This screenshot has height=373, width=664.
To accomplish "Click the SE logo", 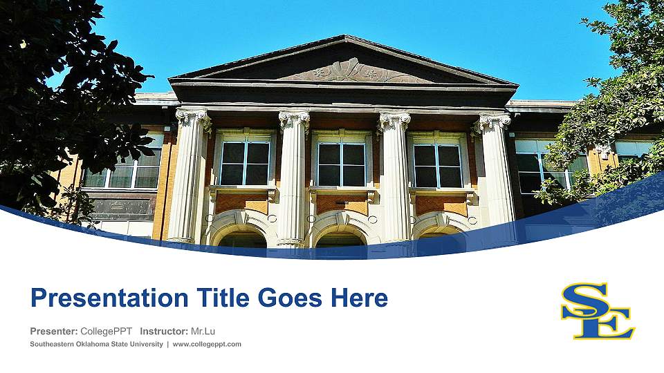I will pyautogui.click(x=598, y=311).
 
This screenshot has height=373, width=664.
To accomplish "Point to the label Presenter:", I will pyautogui.click(x=54, y=332).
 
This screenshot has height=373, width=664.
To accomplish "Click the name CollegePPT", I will pyautogui.click(x=107, y=332).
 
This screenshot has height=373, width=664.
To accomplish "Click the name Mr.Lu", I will pyautogui.click(x=203, y=332).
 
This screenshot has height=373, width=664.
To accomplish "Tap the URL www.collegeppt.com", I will pyautogui.click(x=207, y=344).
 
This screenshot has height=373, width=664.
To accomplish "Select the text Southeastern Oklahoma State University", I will pyautogui.click(x=96, y=344).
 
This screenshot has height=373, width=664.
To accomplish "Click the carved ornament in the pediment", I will pyautogui.click(x=346, y=70).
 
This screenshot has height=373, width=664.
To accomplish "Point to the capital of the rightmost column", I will pyautogui.click(x=494, y=122).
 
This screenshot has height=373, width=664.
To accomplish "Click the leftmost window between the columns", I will pyautogui.click(x=245, y=162).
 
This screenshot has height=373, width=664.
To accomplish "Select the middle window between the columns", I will pyautogui.click(x=341, y=163).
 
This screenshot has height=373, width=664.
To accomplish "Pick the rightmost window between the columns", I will pyautogui.click(x=436, y=164).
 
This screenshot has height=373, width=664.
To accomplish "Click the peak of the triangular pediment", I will pyautogui.click(x=344, y=38).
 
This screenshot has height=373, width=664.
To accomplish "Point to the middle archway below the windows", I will pyautogui.click(x=340, y=236).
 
